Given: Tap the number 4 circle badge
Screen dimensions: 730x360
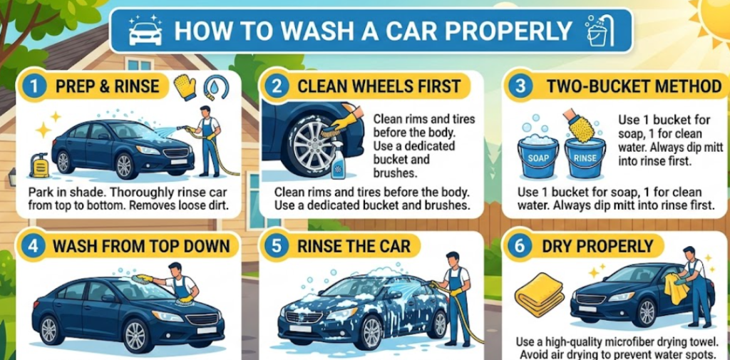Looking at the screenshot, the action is pos(33,245).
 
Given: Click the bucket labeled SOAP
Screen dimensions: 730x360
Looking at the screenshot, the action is pos(538,157).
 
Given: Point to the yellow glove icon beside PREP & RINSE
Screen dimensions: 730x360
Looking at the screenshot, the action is pos(185,87).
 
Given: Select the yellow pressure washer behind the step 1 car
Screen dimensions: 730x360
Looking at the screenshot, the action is pos(40,165).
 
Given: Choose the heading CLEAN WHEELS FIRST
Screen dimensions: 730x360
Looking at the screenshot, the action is pos(379,87).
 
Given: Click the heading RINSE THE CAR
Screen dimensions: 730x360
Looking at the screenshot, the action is pos(354,246).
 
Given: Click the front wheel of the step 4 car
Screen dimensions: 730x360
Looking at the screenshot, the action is pos(135,334).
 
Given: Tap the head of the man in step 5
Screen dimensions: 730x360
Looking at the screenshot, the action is pos(452,259).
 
